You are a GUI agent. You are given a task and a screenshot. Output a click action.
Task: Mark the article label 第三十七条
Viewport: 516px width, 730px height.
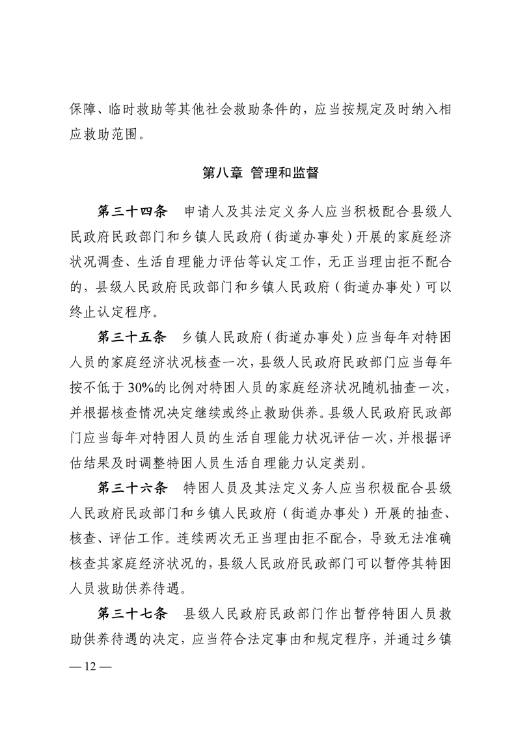pos(133,614)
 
